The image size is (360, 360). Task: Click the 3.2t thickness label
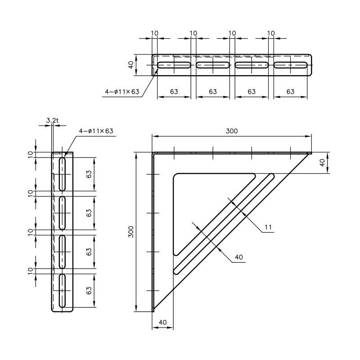[x=52, y=120]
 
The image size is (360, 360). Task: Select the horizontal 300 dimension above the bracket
[x=232, y=131]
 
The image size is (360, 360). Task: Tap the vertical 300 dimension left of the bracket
[x=131, y=232]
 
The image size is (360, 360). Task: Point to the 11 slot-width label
[x=268, y=227]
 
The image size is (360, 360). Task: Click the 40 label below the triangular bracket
[x=162, y=322]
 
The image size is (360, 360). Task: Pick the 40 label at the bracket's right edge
[x=323, y=163]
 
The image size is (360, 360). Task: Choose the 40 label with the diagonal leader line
[x=238, y=257]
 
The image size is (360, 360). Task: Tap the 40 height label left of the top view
[x=131, y=65]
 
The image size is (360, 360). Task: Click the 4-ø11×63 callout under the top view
[x=122, y=92]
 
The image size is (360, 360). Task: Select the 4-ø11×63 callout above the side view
[x=96, y=131]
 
